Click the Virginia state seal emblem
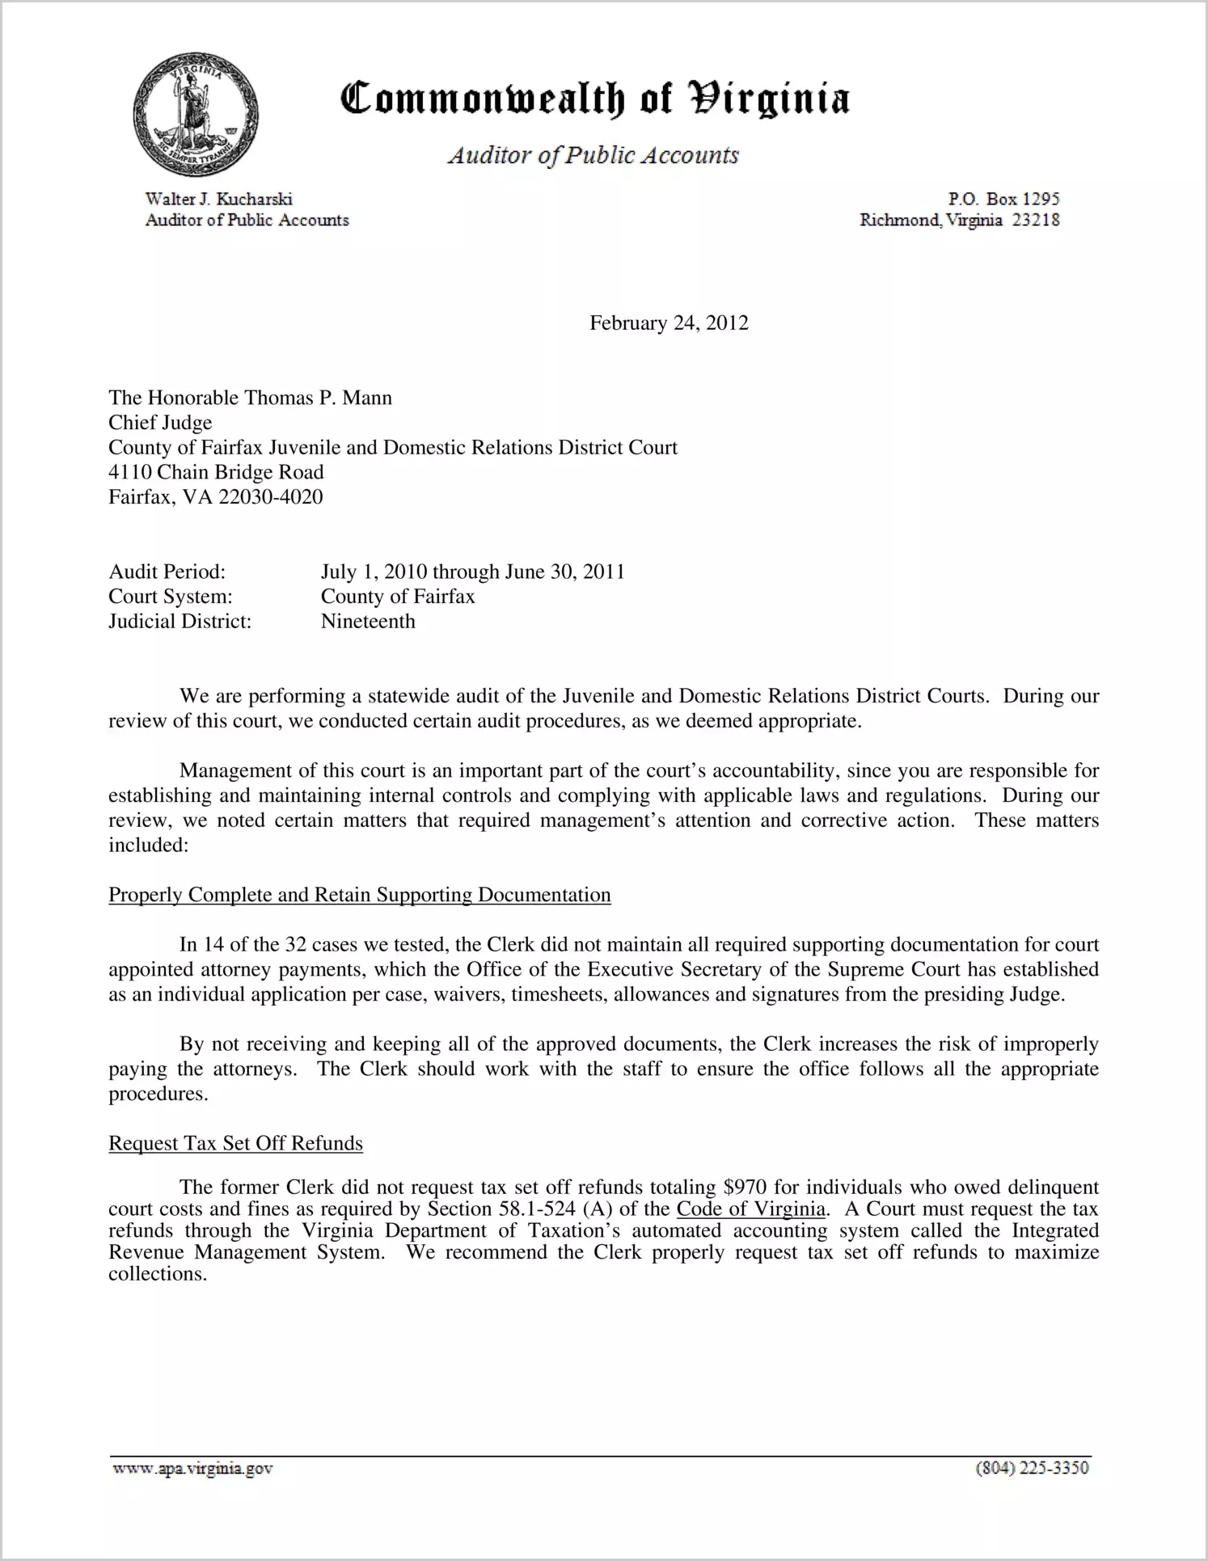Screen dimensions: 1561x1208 point(195,116)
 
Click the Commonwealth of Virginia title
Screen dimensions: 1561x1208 point(594,99)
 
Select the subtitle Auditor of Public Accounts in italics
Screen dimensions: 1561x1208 point(593,155)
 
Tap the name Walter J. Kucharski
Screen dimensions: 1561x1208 point(218,199)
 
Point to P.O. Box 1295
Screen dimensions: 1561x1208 point(1003,199)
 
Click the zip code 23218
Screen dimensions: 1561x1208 point(1036,220)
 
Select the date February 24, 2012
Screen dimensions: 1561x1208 point(669,323)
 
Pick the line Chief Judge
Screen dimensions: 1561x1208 point(160,423)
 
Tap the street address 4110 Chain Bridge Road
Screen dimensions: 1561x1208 point(216,472)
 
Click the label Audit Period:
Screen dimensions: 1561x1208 point(167,572)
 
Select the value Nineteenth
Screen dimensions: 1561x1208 point(368,622)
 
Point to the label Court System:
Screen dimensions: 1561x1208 point(171,597)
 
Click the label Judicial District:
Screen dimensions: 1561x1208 point(180,622)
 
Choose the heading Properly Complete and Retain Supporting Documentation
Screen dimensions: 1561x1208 point(360,896)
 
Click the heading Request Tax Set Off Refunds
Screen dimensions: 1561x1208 point(235,1144)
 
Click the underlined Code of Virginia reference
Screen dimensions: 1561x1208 point(751,1209)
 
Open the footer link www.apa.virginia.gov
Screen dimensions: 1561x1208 point(192,1469)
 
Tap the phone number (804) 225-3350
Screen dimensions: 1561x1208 point(1032,1469)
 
